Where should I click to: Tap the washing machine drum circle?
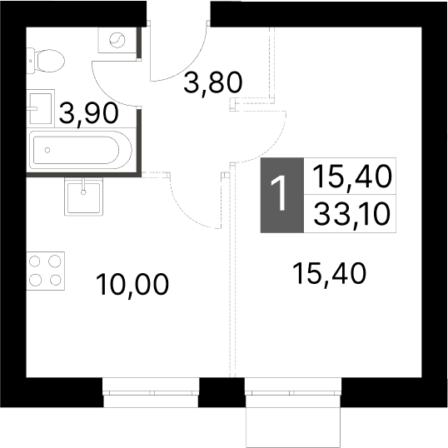click(117, 40)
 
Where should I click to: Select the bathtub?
click(81, 150)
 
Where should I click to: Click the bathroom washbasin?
click(41, 108)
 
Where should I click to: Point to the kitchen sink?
click(83, 197)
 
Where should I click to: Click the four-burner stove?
click(46, 271)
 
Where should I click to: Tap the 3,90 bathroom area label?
click(89, 113)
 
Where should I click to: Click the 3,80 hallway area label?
click(213, 83)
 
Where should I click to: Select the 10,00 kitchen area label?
click(132, 285)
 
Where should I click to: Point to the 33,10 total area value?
click(352, 214)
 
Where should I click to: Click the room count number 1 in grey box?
click(281, 194)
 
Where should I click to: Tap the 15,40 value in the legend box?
click(352, 177)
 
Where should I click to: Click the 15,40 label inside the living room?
click(329, 274)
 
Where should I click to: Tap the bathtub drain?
click(47, 150)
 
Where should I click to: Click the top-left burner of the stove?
click(35, 261)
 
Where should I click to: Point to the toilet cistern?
click(31, 61)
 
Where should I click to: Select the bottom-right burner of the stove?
click(56, 280)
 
